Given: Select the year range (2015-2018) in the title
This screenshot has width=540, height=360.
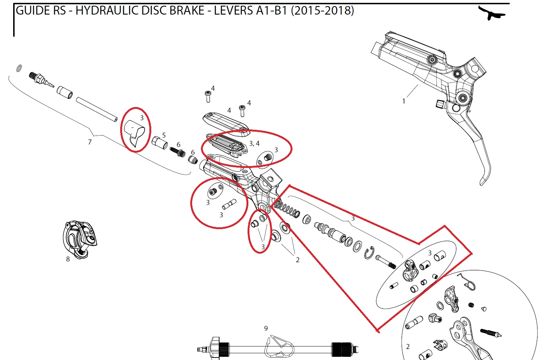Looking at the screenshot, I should coord(322,11).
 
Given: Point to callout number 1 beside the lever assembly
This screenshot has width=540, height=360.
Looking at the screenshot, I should coord(404,101).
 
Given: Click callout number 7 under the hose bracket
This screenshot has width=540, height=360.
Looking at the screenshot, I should coord(90,142).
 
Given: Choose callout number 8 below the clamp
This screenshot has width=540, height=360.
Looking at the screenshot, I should coord(68,259).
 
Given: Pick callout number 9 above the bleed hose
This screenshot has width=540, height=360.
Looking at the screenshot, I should coord(266,328).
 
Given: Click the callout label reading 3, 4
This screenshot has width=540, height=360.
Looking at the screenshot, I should coord(254,143).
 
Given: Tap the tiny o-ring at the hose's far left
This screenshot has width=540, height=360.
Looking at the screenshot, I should coord(20,68).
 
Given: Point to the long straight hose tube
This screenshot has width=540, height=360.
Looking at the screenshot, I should coord(96,110).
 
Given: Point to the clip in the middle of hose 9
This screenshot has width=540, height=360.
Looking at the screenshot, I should coord(280,345).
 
